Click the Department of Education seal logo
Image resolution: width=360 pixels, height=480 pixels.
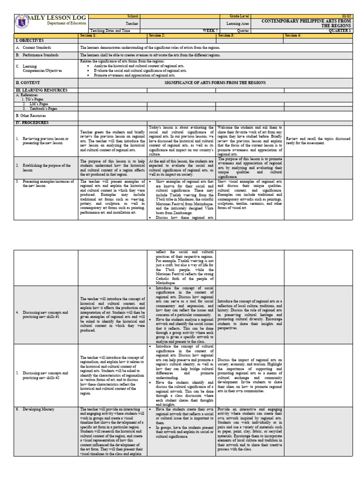(22, 22)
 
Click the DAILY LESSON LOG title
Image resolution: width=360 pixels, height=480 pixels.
(51, 17)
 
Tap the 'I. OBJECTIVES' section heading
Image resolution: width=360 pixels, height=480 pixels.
(30, 41)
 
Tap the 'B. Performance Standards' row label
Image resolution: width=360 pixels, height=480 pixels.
(42, 55)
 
